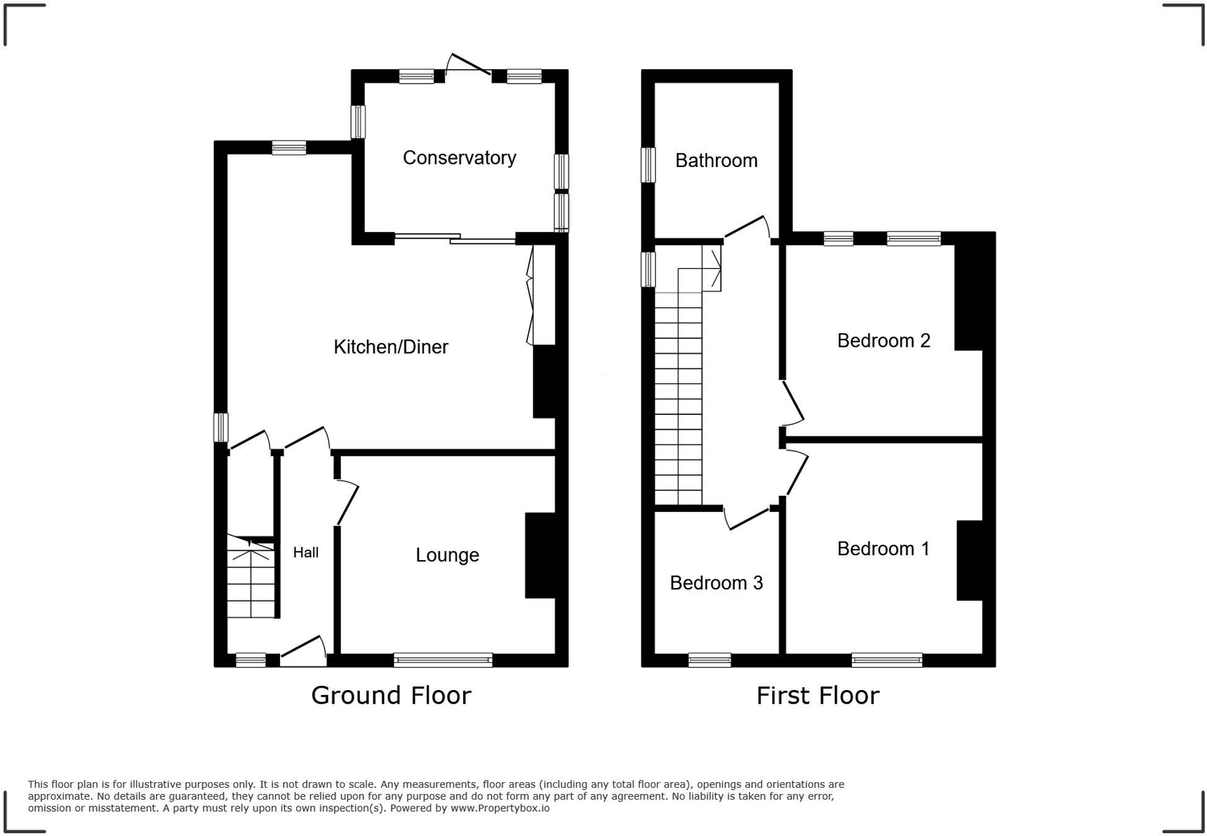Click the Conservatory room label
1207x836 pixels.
tap(459, 158)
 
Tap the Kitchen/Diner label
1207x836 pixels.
tap(391, 347)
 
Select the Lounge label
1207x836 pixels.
tap(447, 555)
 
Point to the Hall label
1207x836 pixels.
tap(305, 552)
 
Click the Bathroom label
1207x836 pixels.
tap(716, 161)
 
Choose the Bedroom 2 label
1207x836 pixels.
tap(883, 341)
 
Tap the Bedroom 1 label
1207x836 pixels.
tap(883, 548)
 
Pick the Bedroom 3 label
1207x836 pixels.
tap(716, 582)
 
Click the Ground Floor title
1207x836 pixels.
tap(391, 696)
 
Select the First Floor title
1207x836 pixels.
tap(817, 696)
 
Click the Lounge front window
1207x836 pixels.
tap(443, 660)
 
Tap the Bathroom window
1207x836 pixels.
tap(647, 165)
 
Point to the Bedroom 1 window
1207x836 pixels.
tap(887, 660)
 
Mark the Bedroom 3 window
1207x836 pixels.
tap(709, 660)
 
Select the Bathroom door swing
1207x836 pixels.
tap(747, 228)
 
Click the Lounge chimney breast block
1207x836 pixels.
tap(540, 555)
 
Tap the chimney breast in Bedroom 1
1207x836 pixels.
tap(970, 560)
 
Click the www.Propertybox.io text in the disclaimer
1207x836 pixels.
tap(500, 808)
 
